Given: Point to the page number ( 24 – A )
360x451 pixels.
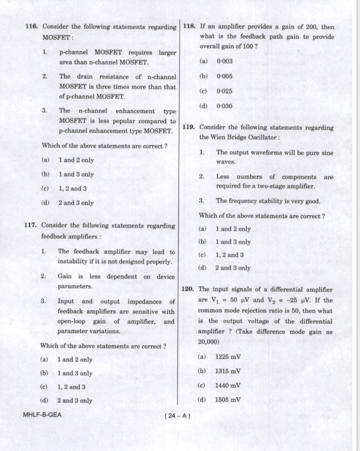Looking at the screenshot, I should pos(177,415).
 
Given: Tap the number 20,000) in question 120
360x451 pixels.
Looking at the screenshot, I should pos(209,341).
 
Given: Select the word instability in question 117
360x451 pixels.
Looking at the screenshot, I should pos(74,262).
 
